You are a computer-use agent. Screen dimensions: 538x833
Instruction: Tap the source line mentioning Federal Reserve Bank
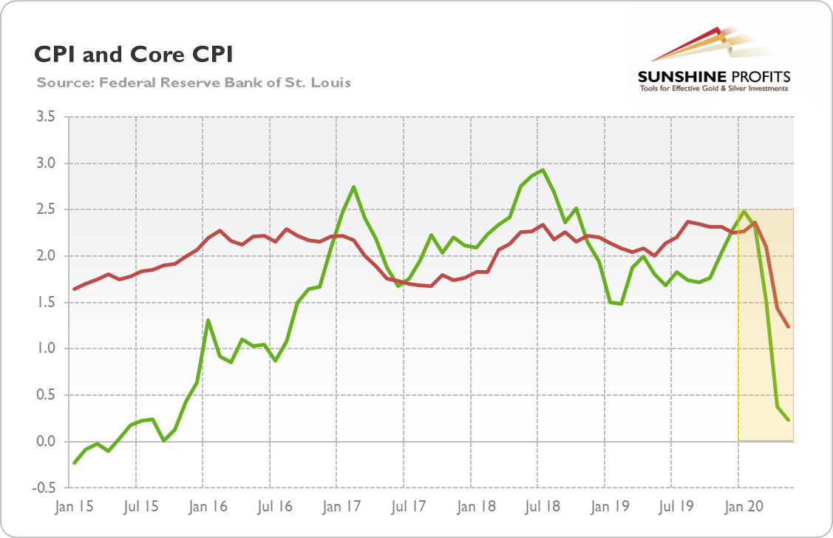click(194, 82)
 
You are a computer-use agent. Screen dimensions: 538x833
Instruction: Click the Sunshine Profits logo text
click(714, 77)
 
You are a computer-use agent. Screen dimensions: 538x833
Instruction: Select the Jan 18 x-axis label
click(470, 508)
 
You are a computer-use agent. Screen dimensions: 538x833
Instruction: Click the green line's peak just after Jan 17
click(354, 186)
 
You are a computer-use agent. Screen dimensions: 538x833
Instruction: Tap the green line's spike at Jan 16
click(209, 320)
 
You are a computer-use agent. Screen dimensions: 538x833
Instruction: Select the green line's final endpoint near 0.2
click(789, 420)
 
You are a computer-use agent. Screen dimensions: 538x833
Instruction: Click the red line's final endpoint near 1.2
click(789, 326)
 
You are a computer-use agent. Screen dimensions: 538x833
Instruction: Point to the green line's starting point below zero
click(74, 463)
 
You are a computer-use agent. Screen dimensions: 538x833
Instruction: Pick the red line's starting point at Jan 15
click(74, 289)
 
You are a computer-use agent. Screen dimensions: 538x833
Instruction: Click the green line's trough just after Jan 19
click(622, 303)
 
